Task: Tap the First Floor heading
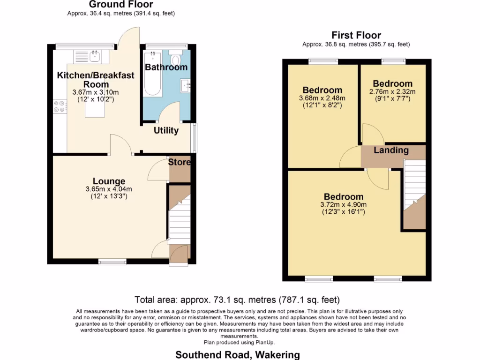tap(356, 35)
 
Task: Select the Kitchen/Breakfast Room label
tap(96, 79)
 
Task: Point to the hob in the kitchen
tap(60, 107)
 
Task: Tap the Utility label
tap(166, 130)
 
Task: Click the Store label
tap(180, 162)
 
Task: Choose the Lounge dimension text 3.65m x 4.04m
tap(109, 189)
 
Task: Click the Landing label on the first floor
tap(391, 150)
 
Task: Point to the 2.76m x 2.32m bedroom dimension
tap(393, 92)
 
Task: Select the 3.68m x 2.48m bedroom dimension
tap(322, 98)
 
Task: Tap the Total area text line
tap(237, 300)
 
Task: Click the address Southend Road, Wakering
tap(237, 355)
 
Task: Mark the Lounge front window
tap(112, 262)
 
